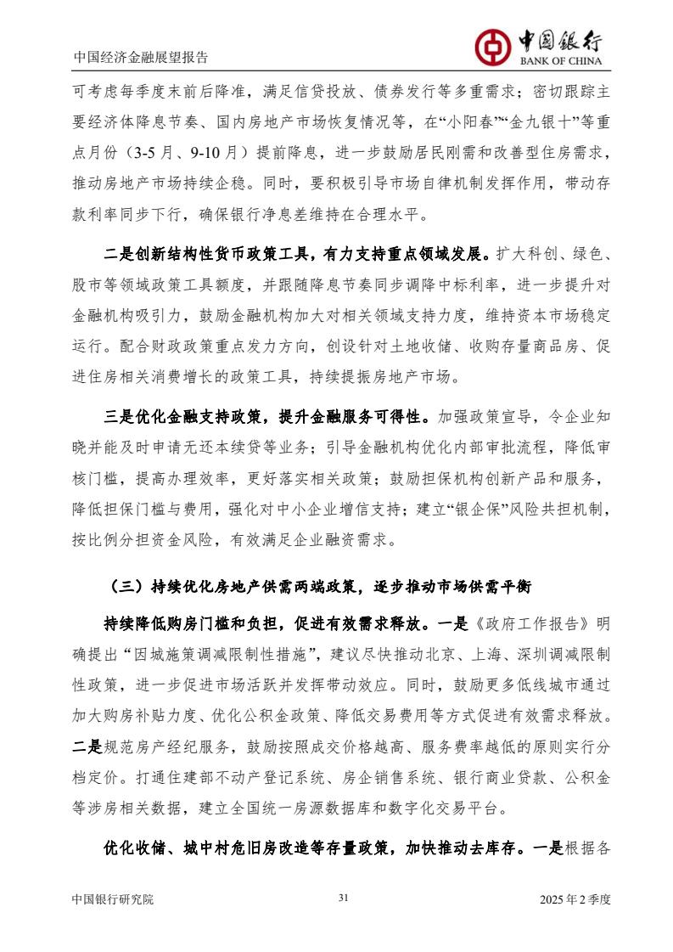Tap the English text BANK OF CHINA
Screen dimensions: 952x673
click(x=555, y=61)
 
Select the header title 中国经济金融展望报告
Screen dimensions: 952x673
click(x=141, y=59)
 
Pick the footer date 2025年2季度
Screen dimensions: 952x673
click(x=575, y=898)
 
